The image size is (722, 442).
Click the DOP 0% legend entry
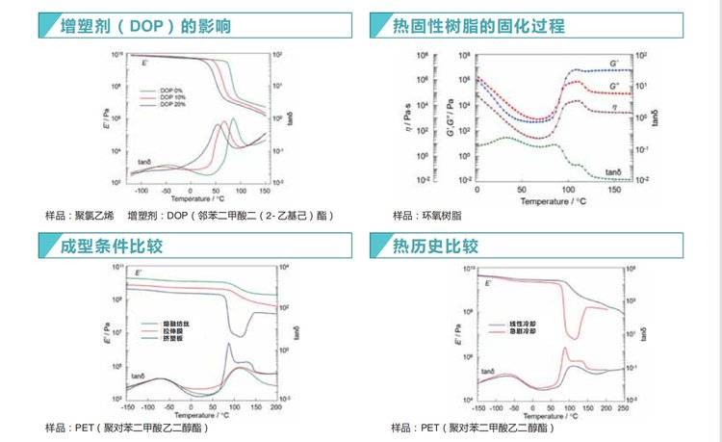[x=172, y=90]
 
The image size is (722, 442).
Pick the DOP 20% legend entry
[x=173, y=103]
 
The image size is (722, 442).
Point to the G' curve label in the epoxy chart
[x=613, y=63]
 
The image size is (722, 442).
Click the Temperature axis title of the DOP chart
[x=196, y=198]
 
